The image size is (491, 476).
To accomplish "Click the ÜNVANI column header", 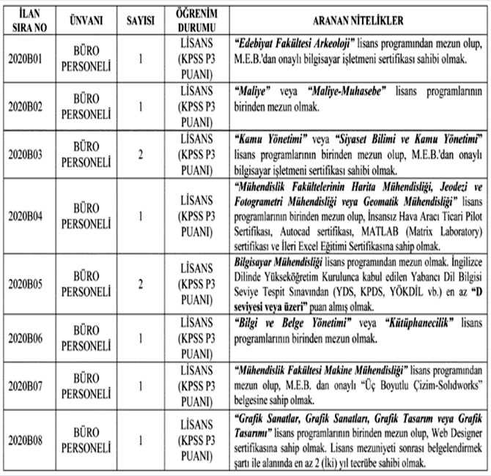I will (x=86, y=21).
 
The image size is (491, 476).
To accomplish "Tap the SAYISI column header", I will (x=141, y=21).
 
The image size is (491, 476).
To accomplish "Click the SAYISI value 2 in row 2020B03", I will (x=141, y=155).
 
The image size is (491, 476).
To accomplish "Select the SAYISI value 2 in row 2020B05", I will (x=141, y=284).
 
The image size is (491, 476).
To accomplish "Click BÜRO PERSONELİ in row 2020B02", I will (x=86, y=106).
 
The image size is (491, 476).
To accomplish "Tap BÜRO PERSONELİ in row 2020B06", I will (x=86, y=336).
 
